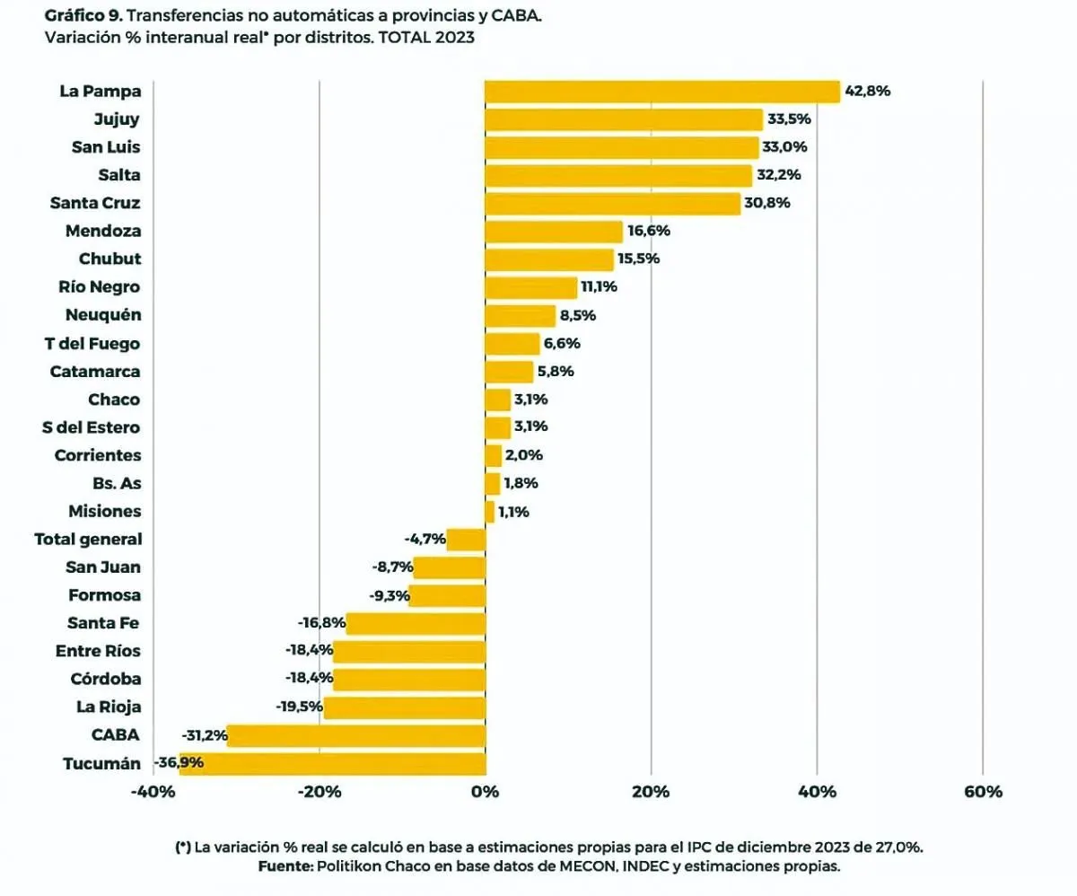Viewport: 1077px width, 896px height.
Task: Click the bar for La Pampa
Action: click(661, 92)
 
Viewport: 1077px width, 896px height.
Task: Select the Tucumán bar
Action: click(332, 764)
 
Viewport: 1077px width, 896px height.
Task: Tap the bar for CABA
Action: click(355, 735)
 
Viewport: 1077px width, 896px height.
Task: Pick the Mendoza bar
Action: click(553, 232)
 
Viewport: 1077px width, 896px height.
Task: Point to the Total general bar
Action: click(466, 540)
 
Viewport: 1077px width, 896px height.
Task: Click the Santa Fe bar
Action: click(416, 624)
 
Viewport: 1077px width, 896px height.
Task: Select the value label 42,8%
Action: click(867, 92)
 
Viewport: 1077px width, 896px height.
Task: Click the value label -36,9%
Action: click(179, 763)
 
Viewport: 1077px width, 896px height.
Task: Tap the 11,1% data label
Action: click(600, 287)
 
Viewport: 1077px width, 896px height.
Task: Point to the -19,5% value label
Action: click(300, 707)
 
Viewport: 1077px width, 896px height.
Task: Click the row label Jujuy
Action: click(117, 119)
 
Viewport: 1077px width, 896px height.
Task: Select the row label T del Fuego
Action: click(92, 343)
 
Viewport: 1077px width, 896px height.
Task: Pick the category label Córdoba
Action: click(106, 679)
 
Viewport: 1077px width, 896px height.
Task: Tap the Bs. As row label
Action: click(118, 483)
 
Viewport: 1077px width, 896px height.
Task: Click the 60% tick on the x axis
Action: click(983, 792)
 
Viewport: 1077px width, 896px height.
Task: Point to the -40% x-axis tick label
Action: click(153, 792)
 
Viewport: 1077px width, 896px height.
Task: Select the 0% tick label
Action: click(485, 792)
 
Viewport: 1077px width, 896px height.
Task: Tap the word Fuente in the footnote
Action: click(284, 866)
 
